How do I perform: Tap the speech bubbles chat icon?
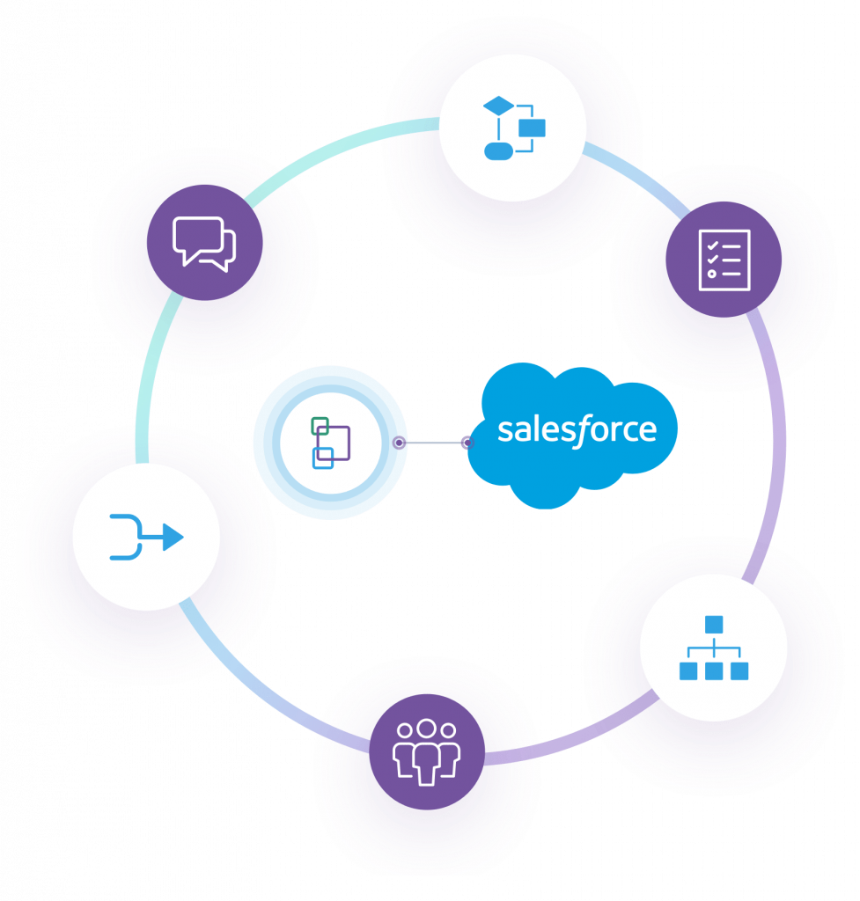(204, 243)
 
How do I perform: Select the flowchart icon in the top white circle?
(514, 128)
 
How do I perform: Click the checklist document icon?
(724, 260)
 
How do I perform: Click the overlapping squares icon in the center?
(330, 442)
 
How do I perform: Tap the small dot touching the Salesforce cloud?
(467, 443)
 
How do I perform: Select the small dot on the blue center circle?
(399, 443)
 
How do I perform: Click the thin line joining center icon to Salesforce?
(433, 443)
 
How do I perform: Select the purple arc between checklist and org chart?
(775, 440)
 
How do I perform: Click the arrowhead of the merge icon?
(173, 538)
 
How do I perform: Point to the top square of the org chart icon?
(713, 624)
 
